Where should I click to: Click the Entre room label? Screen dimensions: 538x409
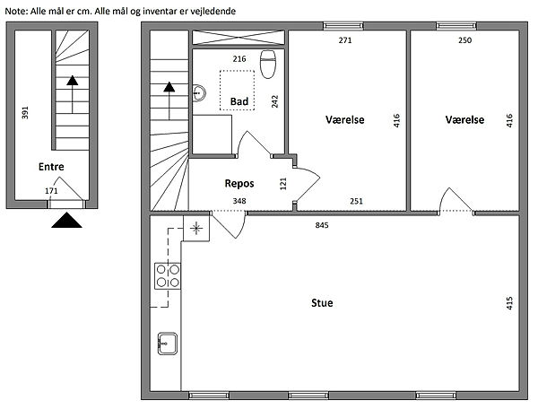[51, 167]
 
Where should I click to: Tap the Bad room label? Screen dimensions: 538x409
[239, 101]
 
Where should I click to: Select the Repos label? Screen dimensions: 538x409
[239, 184]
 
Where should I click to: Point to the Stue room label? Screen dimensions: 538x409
[322, 303]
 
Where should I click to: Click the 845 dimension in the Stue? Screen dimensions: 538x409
[322, 225]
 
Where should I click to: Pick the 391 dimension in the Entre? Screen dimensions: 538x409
[25, 112]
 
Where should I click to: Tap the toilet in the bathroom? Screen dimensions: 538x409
[268, 65]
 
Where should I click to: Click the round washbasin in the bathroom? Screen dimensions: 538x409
[199, 92]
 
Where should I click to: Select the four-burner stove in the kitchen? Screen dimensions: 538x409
[168, 276]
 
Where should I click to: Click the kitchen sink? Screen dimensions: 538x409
[168, 344]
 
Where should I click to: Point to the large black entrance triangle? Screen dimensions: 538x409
[66, 221]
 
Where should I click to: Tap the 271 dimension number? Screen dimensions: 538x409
[345, 40]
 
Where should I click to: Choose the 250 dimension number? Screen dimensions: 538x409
[464, 40]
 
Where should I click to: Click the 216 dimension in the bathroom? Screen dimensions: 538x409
[239, 59]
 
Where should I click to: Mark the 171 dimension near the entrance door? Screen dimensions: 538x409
[51, 191]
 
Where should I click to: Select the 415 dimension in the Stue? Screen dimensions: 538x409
[509, 303]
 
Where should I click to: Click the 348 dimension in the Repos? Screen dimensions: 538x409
[239, 201]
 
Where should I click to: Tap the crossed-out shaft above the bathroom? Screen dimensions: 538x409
[239, 38]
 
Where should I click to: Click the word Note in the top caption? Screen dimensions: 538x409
[15, 11]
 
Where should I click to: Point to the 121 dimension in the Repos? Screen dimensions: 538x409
[283, 184]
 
